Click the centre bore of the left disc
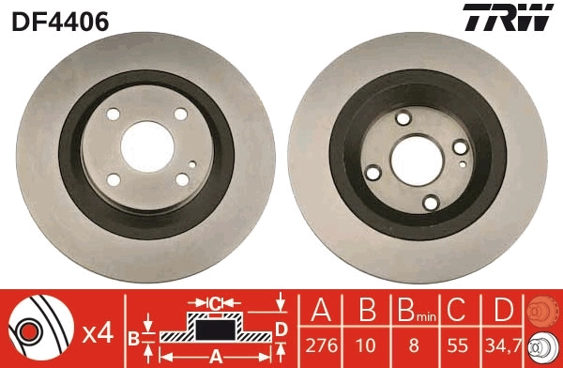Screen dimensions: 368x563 146,146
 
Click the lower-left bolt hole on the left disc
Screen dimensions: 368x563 114,179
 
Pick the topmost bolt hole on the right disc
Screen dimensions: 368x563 404,117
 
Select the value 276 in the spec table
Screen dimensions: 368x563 322,347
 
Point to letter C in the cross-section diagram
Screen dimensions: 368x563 216,303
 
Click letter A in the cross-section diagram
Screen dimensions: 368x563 216,356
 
